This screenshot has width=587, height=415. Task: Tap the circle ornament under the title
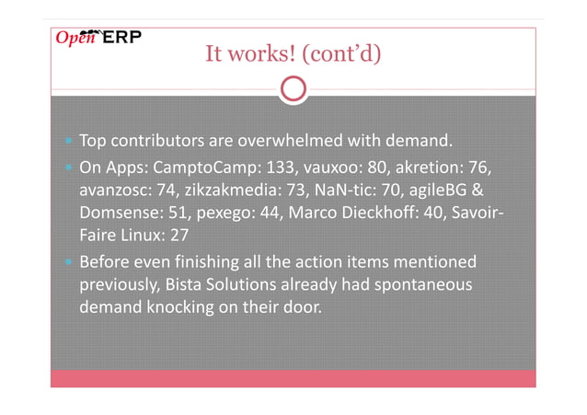coord(293,89)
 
